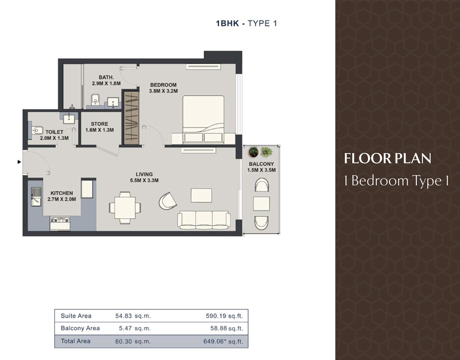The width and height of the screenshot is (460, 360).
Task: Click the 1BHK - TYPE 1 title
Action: click(246, 23)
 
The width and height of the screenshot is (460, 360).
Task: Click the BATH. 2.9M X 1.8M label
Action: click(106, 80)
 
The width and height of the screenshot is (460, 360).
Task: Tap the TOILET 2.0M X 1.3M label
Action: click(54, 135)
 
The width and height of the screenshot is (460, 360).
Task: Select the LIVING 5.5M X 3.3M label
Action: click(144, 177)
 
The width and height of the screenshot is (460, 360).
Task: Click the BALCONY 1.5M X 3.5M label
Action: click(261, 167)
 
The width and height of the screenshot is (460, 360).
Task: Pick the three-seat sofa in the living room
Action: click(204, 220)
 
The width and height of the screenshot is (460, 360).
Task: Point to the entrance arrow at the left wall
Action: click(19, 162)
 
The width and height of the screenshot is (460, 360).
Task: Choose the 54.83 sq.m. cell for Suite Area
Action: click(133, 316)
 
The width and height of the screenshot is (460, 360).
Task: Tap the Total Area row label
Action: click(76, 341)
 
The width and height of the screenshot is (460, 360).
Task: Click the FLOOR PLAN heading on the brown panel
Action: click(388, 159)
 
